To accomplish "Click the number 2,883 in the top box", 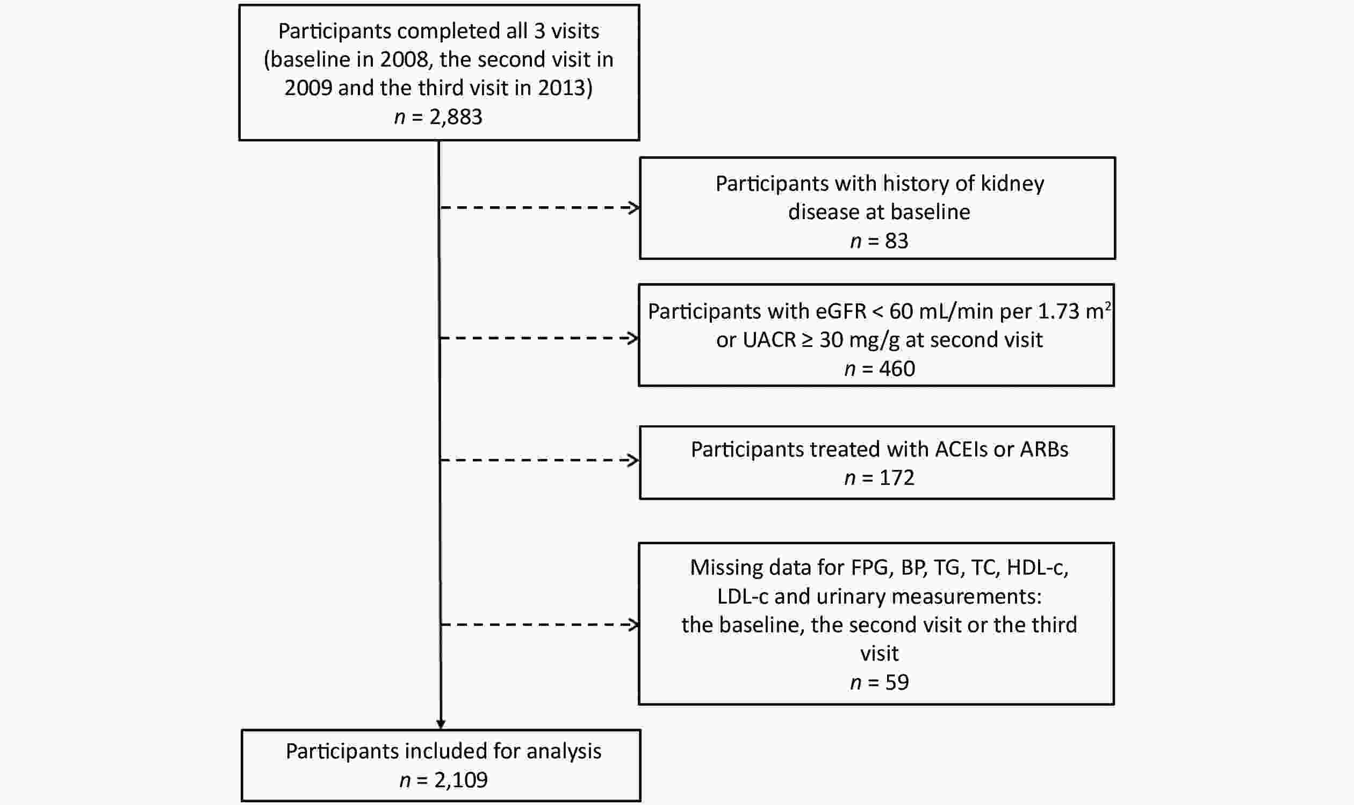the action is point(456,117).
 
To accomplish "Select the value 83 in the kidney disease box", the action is point(897,241).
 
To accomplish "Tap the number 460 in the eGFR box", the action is point(897,369).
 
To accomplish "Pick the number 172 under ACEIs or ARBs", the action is point(897,477).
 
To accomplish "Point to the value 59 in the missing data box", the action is point(897,683).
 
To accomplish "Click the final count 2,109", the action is point(461,780).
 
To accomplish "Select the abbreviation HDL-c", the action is point(1035,568).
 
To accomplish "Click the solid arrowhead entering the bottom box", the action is point(441,724).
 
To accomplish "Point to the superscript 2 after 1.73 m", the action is point(1107,306).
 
